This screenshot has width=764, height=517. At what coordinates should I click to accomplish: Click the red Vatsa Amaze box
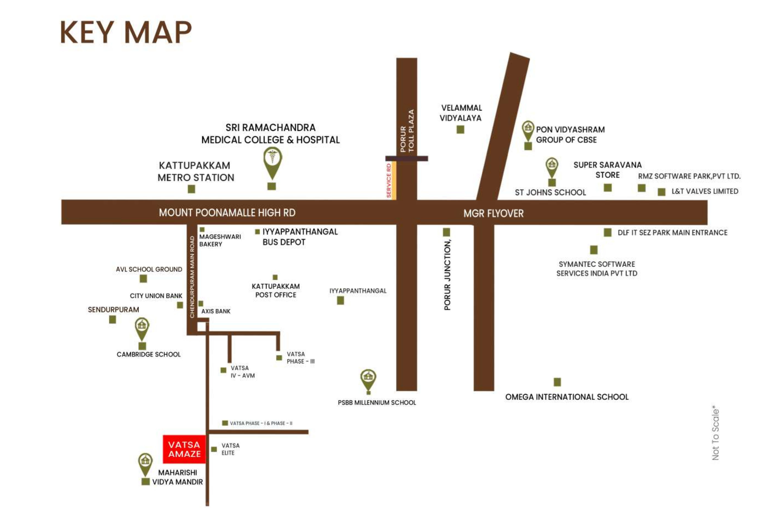(184, 449)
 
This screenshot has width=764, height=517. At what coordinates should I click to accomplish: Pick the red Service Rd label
(388, 180)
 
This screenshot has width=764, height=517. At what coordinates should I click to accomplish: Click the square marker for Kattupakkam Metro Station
(191, 189)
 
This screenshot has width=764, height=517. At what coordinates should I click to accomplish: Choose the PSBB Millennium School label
(377, 402)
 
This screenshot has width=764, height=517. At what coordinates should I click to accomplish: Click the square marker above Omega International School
(557, 382)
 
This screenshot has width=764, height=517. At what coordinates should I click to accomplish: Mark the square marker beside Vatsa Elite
(214, 449)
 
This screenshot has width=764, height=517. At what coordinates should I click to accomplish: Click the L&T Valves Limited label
(705, 191)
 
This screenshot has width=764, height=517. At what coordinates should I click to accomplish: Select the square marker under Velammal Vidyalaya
(460, 130)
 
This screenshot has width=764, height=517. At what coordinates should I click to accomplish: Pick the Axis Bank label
(216, 311)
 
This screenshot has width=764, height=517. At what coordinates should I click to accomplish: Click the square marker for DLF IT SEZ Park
(607, 233)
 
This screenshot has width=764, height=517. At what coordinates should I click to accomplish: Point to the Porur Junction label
(447, 275)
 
